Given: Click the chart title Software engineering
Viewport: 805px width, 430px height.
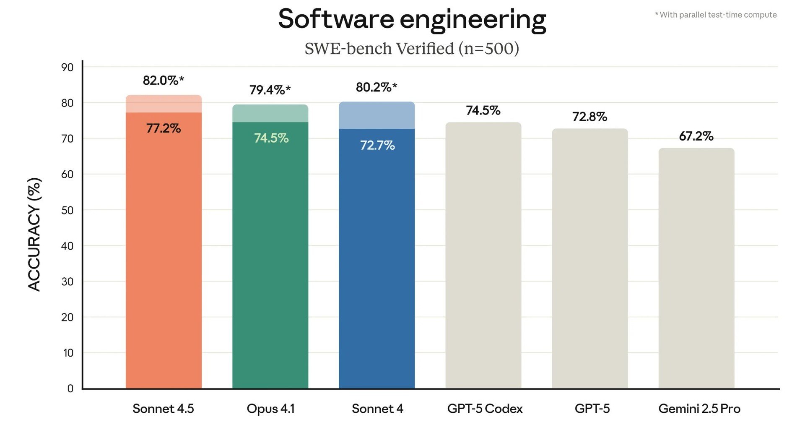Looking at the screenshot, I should point(412,19).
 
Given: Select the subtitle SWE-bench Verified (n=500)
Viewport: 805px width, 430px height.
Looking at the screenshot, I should point(412,49).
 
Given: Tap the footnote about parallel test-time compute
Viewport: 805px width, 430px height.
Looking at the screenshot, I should point(716,15).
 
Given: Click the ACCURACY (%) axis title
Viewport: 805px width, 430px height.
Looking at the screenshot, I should point(34,234).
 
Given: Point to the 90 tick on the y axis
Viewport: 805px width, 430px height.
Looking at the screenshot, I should point(67,67).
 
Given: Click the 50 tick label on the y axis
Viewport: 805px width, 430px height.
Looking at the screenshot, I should point(67,210).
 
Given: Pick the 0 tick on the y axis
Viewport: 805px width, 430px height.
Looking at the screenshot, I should point(70,388).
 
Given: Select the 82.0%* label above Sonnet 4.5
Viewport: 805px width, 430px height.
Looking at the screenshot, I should point(163,80).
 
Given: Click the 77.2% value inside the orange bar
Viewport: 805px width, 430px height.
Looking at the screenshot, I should point(163,128).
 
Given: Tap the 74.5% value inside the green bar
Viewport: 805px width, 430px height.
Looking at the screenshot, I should point(271,138).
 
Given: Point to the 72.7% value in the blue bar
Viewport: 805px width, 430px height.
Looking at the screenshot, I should point(377,145).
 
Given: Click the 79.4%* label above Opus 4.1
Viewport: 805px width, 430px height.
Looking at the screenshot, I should point(270,90).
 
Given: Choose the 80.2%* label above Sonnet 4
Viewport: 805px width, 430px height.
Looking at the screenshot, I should point(376,87).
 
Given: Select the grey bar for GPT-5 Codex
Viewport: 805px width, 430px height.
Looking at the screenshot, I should point(483,256).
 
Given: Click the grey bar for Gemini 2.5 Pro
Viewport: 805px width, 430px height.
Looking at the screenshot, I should point(696,268).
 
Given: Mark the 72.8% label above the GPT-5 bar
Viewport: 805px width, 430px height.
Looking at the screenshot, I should point(589,117).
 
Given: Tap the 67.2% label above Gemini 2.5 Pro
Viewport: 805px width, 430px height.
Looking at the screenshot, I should point(696,136).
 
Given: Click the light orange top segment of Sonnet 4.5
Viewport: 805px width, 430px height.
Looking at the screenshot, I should point(164,104).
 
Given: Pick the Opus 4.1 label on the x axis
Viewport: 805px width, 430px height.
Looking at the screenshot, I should point(270,409).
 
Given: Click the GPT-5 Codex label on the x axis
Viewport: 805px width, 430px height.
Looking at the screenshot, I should point(485,409).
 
